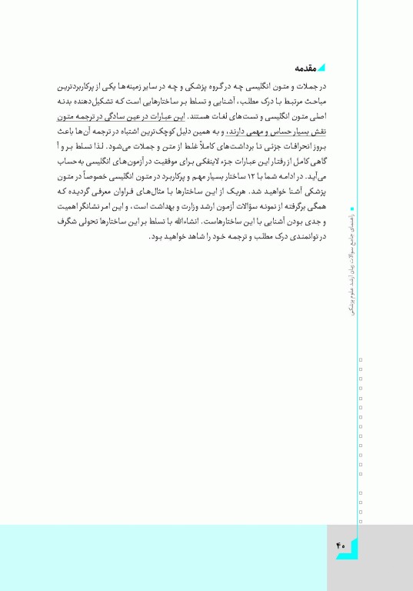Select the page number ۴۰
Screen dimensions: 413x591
pyautogui.click(x=341, y=546)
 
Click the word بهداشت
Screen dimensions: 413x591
pyautogui.click(x=162, y=205)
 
